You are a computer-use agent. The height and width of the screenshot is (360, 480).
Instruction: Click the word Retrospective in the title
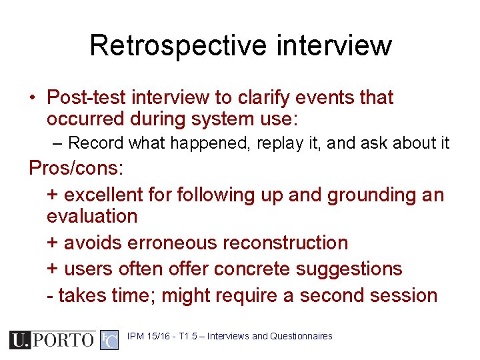pyautogui.click(x=177, y=45)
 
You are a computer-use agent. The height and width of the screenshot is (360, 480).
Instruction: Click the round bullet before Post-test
pyautogui.click(x=33, y=98)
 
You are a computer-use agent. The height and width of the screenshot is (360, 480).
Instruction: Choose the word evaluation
pyautogui.click(x=92, y=216)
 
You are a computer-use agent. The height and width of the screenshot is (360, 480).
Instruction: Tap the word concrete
pyautogui.click(x=254, y=269)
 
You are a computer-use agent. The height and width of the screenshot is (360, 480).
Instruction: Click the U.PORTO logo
pyautogui.click(x=52, y=340)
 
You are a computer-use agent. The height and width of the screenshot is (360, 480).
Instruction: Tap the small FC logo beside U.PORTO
pyautogui.click(x=109, y=340)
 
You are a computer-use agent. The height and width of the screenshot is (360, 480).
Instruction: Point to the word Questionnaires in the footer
pyautogui.click(x=301, y=336)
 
